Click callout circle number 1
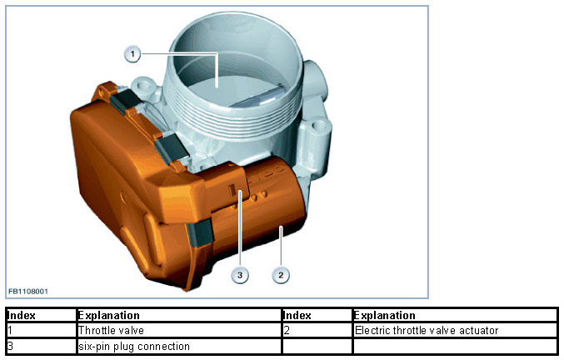pyautogui.click(x=132, y=54)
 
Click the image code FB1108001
pyautogui.click(x=28, y=292)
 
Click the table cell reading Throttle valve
pyautogui.click(x=111, y=331)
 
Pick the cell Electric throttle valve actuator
pyautogui.click(x=427, y=331)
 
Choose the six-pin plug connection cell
pyautogui.click(x=134, y=346)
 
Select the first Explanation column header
pyautogui.click(x=108, y=316)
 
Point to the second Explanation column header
pyautogui.click(x=384, y=316)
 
